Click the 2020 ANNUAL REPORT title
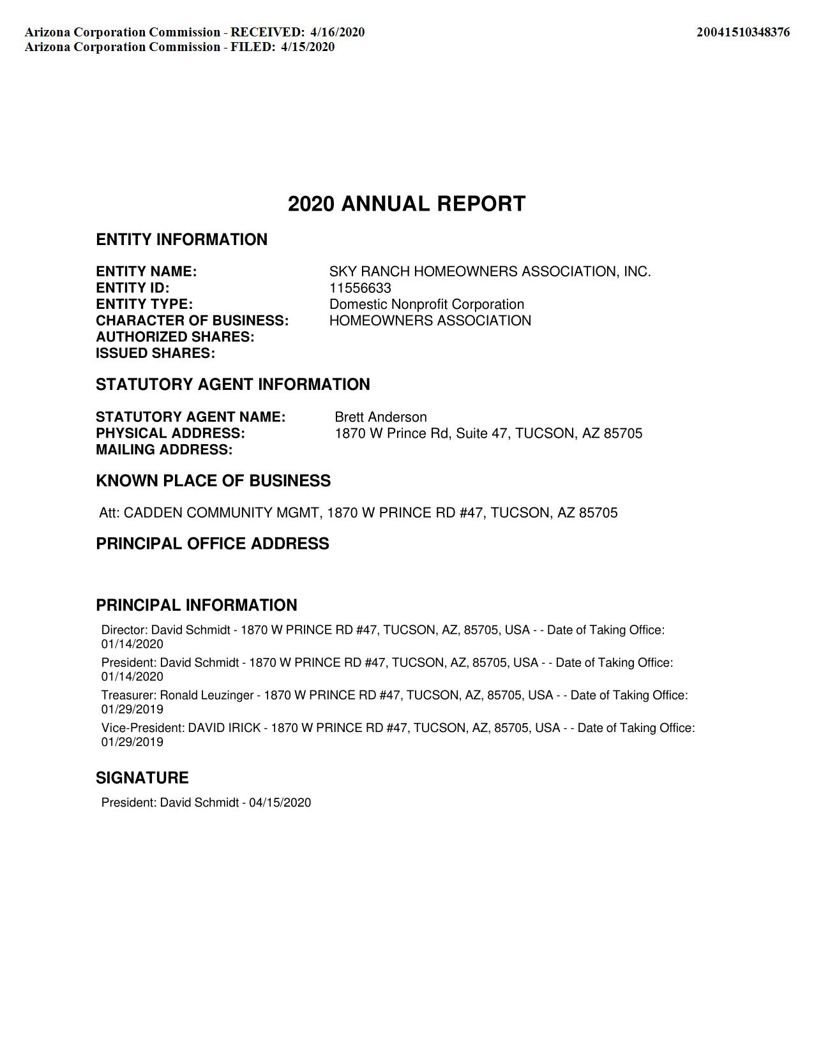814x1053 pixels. pos(406,204)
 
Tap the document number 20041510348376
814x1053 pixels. pos(742,32)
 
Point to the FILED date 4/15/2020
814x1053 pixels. pos(307,47)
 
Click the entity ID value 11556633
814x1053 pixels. pos(360,288)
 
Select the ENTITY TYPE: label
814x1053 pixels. pos(144,304)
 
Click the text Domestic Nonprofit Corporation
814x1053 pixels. pos(426,304)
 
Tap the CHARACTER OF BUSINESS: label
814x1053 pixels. pos(192,320)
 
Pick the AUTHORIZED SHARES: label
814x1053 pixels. pos(175,337)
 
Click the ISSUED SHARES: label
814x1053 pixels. pos(155,354)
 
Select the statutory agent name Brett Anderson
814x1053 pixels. pos(381,417)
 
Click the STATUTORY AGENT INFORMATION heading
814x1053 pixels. pos(232,385)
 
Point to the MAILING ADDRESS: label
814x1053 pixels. pos(164,450)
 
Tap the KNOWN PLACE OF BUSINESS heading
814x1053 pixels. pos(213,481)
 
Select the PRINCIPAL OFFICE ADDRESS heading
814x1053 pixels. pos(213,544)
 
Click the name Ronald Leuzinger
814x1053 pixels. pos(206,695)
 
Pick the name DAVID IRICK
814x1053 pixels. pos(224,728)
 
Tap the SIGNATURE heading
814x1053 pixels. pos(142,778)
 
